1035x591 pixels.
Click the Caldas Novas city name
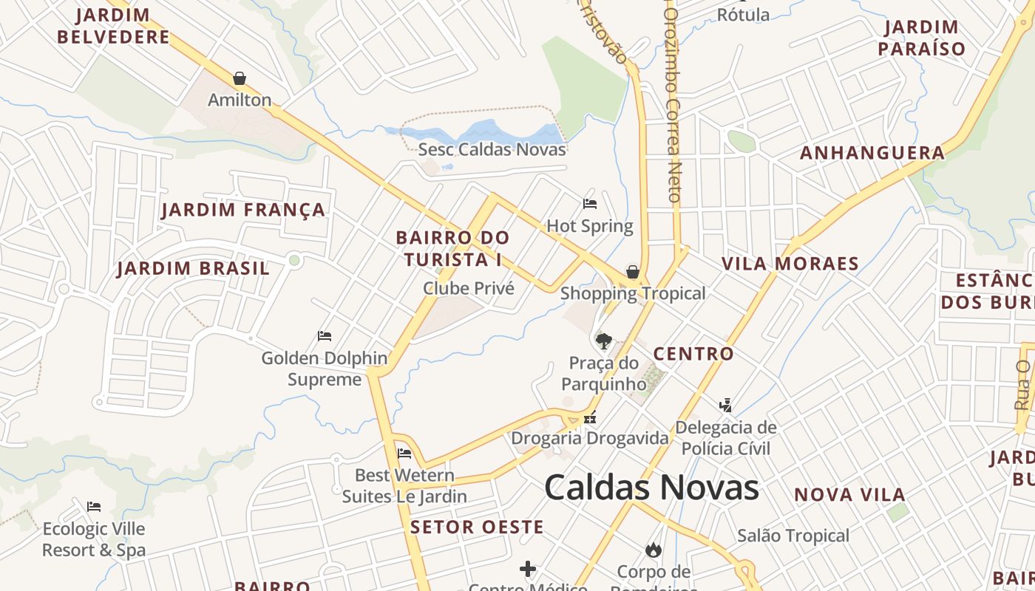(651, 488)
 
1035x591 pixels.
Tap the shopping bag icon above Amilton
(240, 78)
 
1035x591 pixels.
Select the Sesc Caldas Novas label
(492, 149)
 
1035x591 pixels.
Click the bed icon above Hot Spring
(590, 204)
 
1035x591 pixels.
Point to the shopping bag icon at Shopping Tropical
(633, 272)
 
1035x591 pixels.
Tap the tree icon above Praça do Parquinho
(604, 341)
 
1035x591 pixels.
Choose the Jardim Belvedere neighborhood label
(113, 26)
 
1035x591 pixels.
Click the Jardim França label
(243, 210)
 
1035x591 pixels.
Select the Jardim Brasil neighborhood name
(194, 268)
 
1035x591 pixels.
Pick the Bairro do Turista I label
(452, 248)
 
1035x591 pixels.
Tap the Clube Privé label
(469, 288)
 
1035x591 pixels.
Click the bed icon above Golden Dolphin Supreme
(324, 336)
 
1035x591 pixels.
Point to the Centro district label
(693, 354)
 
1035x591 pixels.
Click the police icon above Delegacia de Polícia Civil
(726, 405)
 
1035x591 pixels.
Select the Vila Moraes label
(790, 264)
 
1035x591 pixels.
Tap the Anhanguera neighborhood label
(872, 153)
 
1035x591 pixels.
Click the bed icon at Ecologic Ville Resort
(94, 507)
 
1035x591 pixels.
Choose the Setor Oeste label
(477, 527)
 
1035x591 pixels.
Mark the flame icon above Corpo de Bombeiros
(653, 550)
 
